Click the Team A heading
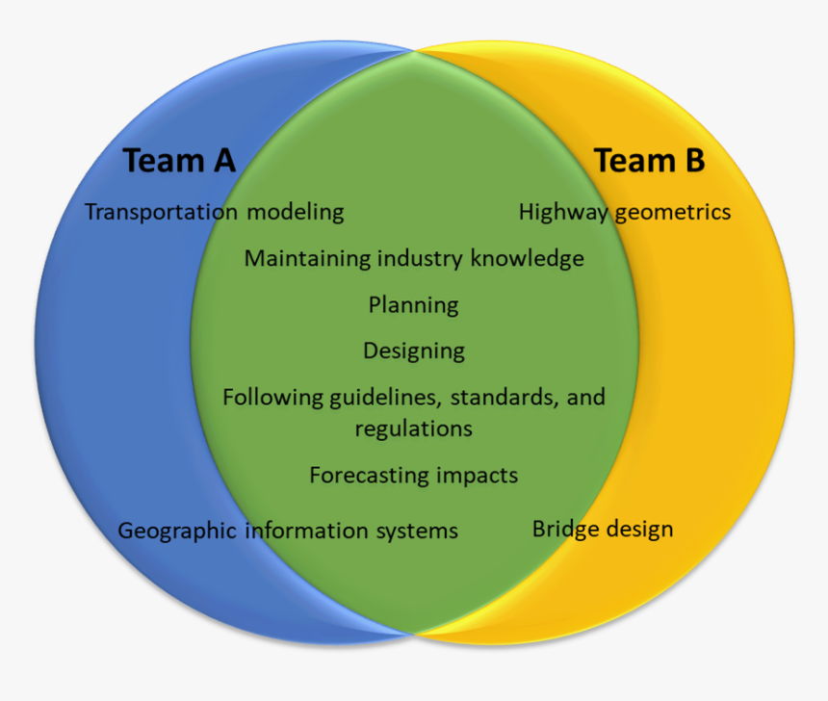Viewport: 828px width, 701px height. tap(179, 161)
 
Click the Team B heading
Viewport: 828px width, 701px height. tap(649, 161)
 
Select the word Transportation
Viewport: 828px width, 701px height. tap(146, 212)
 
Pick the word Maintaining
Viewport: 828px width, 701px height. tap(307, 259)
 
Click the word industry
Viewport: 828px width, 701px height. tap(421, 259)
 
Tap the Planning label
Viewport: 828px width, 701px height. tap(413, 306)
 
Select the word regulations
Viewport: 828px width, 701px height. tap(413, 428)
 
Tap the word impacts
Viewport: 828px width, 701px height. tap(478, 476)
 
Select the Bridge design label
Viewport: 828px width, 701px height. tap(603, 530)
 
